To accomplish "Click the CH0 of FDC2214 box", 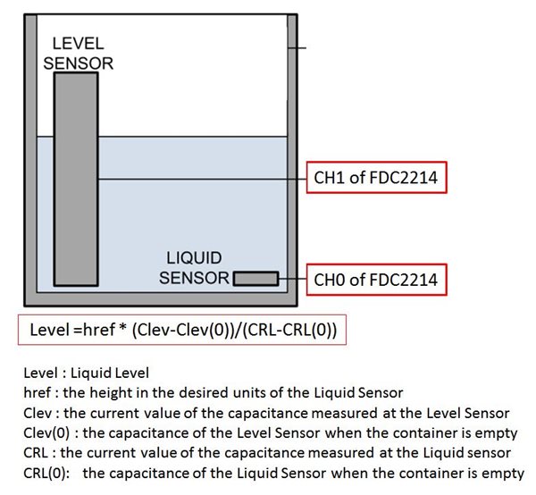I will [x=376, y=280].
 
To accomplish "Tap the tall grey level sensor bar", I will [x=75, y=179].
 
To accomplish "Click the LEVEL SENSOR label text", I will [x=82, y=53].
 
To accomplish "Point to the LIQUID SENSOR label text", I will [x=195, y=268].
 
